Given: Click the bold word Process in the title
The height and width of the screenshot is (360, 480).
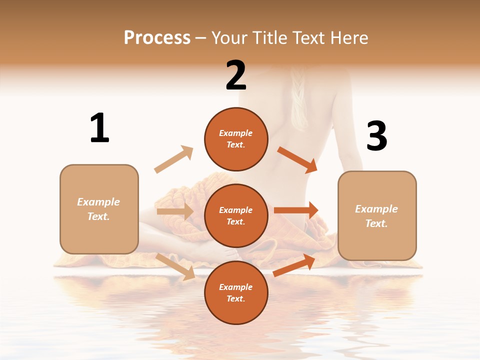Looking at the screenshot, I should pos(157,37).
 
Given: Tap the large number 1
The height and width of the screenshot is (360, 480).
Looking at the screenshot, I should pos(99,128).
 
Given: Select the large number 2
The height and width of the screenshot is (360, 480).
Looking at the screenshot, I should pos(236,75).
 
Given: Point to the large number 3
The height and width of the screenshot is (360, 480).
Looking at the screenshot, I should pos(377,136).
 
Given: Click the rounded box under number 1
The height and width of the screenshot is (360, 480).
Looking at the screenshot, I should pos(99,209).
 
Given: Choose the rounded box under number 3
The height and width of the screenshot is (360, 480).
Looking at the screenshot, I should pos(377,216).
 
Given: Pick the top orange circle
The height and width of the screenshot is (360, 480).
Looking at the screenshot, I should pos(236,139).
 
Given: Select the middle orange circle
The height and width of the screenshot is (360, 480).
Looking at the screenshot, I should pos(236,216).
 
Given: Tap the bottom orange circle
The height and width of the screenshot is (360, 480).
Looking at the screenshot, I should pos(236,293).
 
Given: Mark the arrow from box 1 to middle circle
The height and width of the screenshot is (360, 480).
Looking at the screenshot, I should pos(175,211).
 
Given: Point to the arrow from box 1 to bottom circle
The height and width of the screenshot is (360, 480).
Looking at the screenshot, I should pos(175,266).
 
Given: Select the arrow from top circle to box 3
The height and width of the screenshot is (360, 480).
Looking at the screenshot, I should pos(297,159).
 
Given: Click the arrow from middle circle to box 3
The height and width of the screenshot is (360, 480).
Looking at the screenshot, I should pos(296,210).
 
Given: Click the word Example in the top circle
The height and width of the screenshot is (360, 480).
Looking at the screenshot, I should pos(236,133).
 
